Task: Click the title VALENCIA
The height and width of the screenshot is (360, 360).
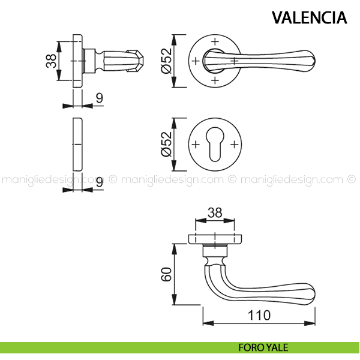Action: point(309,17)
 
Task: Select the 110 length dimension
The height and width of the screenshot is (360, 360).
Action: point(258,314)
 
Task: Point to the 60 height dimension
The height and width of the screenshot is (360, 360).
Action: point(166,274)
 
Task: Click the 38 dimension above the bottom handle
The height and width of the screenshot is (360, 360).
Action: point(214,212)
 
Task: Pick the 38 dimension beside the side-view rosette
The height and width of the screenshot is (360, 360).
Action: point(51,61)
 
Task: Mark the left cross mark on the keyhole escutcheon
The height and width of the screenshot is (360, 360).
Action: point(195,145)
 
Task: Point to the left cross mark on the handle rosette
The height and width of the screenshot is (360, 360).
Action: point(195,61)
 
